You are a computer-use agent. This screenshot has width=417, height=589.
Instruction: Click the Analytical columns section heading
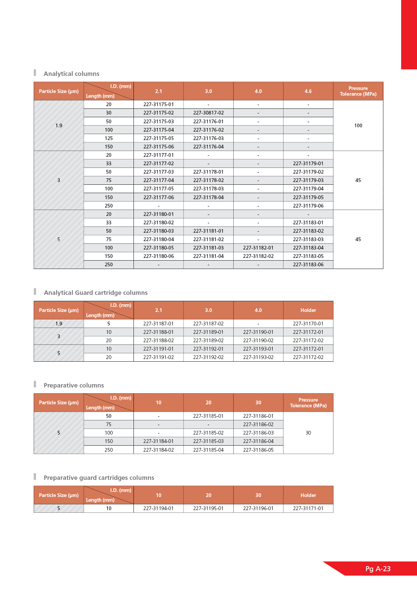(x=71, y=74)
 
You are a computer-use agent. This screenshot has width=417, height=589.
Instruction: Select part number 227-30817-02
(x=208, y=113)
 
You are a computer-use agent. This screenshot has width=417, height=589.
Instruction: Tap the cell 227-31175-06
(x=159, y=147)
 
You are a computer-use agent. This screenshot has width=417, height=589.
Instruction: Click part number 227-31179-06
(x=308, y=206)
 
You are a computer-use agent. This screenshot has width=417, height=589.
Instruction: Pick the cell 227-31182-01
(x=258, y=248)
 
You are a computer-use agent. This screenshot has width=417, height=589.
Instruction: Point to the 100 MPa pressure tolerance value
(x=358, y=126)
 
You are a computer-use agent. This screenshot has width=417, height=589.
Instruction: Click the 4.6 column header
(x=308, y=91)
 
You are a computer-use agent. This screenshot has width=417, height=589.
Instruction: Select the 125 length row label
(x=109, y=138)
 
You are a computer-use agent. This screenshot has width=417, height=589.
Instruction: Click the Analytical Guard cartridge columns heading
(x=96, y=293)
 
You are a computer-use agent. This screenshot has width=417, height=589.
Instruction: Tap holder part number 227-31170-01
(x=308, y=324)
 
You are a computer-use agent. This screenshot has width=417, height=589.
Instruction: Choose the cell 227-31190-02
(x=258, y=341)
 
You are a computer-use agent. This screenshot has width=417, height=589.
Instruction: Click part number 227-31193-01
(x=258, y=349)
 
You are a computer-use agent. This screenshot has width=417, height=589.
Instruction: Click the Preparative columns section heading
(x=74, y=386)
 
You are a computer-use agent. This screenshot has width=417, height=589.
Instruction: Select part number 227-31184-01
(x=159, y=441)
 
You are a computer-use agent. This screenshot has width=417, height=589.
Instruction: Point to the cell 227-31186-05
(x=258, y=450)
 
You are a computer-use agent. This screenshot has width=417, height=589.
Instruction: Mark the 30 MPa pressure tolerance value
(x=308, y=433)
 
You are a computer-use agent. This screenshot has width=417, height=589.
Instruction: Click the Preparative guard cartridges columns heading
(x=99, y=478)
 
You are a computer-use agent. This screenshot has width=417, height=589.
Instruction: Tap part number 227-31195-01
(x=208, y=508)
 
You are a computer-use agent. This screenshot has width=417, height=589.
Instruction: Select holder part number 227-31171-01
(x=308, y=508)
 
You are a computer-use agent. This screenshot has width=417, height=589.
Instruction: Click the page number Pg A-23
(x=378, y=569)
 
